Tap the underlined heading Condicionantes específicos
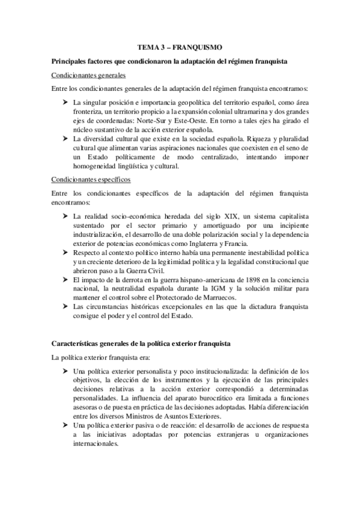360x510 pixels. pyautogui.click(x=90, y=179)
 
